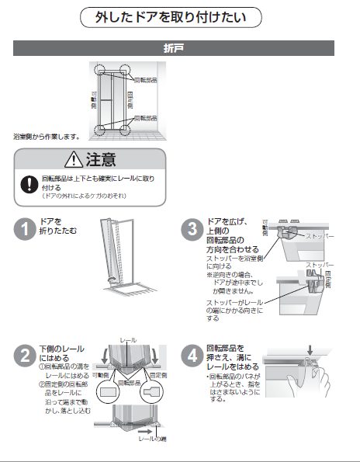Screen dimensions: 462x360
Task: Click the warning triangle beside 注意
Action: point(74,161)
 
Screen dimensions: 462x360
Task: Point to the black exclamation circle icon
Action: point(29,184)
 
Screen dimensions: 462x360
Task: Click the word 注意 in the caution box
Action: point(102,161)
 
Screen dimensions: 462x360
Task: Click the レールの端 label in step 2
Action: point(151,439)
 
